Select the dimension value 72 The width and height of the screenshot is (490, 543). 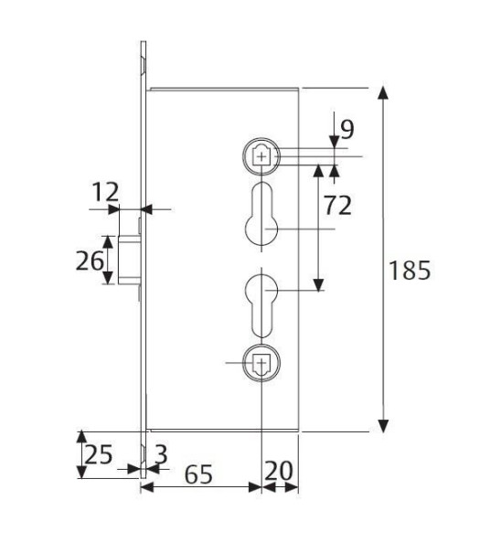(337, 205)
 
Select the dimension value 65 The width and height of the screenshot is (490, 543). (200, 474)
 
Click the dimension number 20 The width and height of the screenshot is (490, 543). (281, 472)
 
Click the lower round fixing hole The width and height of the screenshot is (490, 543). (262, 364)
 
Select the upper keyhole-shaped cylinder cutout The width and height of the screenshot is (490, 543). (262, 215)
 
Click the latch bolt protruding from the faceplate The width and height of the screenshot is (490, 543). (127, 260)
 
